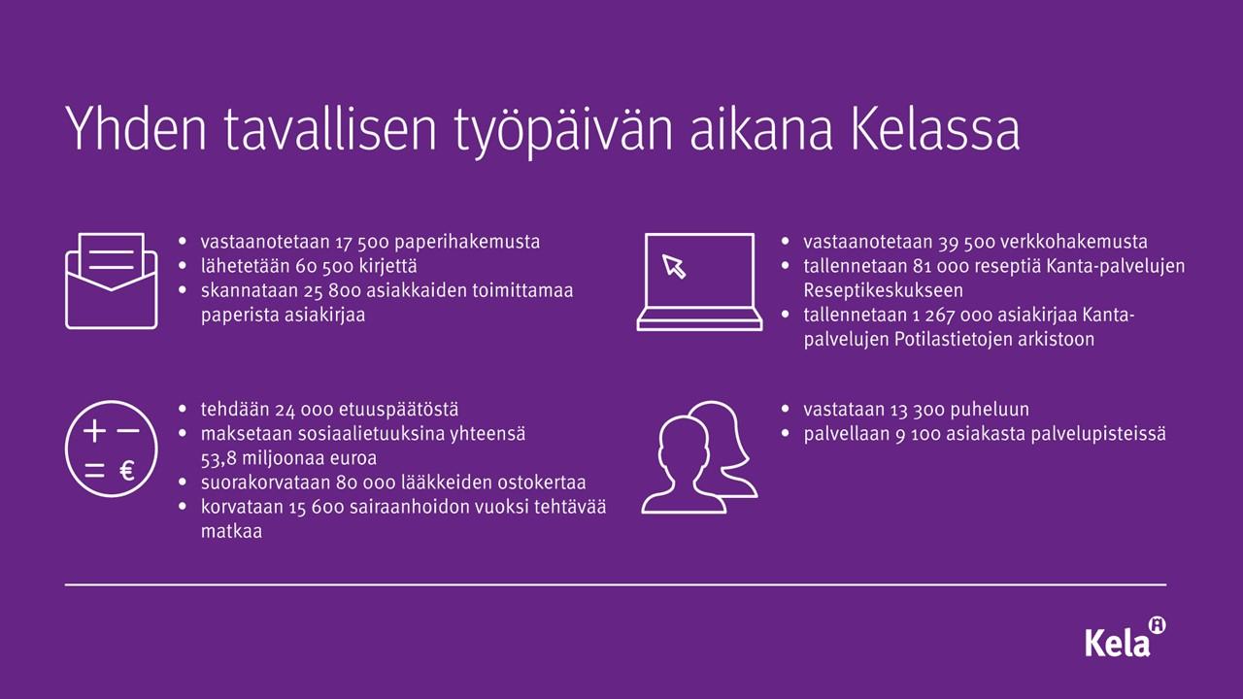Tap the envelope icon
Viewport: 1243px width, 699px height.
tap(112, 281)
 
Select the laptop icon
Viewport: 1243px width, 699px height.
tap(699, 282)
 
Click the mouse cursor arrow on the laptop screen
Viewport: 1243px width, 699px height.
tap(674, 266)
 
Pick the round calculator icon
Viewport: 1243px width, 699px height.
tap(112, 449)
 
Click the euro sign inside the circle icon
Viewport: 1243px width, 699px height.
tap(127, 471)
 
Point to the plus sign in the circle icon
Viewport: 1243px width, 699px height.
tap(94, 430)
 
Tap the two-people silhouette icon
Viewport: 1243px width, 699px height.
tap(699, 457)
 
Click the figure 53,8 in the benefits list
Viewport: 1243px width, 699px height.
tap(218, 459)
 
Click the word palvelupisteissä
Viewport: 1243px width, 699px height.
tap(1098, 434)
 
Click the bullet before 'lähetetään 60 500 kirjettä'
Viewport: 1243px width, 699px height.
tap(183, 266)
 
